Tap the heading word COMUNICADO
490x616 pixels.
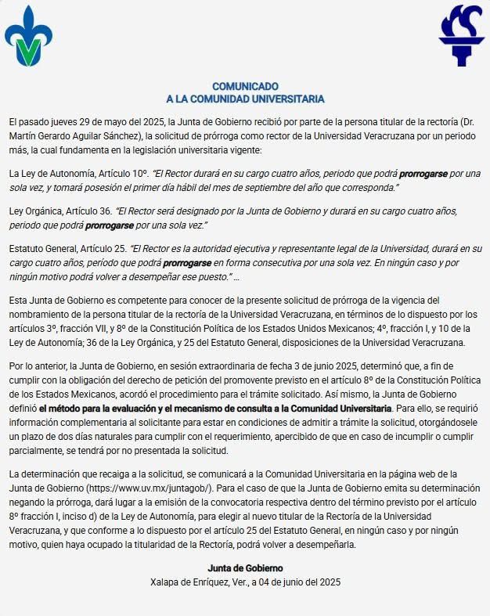245,86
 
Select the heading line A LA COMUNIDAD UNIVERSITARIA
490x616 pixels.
245,99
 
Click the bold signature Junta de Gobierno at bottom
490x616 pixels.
245,567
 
